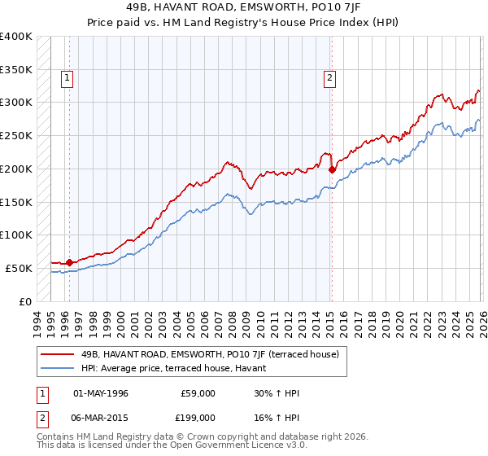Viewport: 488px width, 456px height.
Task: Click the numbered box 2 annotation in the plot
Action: point(329,78)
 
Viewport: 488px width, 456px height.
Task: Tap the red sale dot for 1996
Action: point(69,262)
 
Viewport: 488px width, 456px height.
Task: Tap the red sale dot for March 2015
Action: point(332,169)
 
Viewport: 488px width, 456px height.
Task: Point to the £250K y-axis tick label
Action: point(16,135)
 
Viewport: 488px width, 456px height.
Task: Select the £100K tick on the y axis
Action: point(16,235)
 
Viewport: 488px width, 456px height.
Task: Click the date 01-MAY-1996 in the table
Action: point(101,393)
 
